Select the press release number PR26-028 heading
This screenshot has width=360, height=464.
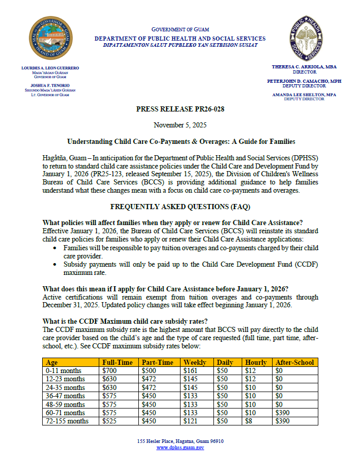pos(180,109)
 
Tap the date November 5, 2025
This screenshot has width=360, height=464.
pos(179,125)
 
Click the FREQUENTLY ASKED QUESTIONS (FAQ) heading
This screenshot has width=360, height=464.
pos(179,207)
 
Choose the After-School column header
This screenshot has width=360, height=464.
pos(295,362)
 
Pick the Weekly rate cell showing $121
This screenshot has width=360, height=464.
pos(191,421)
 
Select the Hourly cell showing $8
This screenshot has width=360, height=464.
pos(249,421)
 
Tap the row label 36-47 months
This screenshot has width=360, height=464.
pos(65,396)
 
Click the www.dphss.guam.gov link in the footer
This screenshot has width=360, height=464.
pos(180,448)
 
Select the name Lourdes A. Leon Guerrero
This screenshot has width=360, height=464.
pos(50,68)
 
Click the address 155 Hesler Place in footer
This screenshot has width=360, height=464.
pos(180,441)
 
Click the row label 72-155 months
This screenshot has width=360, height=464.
pos(67,421)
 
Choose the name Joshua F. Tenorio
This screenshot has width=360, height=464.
pos(50,85)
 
